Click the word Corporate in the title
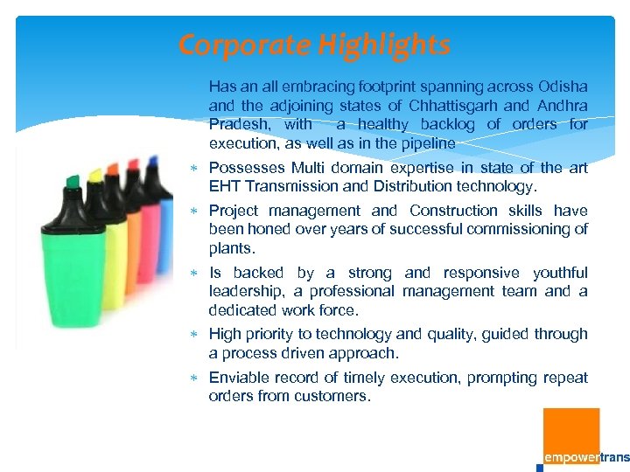(x=233, y=45)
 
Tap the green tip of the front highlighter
(x=73, y=181)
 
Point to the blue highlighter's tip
(x=154, y=161)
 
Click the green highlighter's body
(x=74, y=271)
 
